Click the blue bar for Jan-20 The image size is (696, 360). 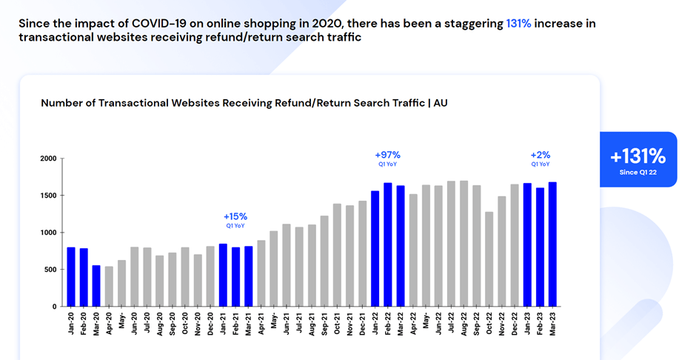pyautogui.click(x=71, y=276)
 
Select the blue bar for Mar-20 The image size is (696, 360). pyautogui.click(x=96, y=285)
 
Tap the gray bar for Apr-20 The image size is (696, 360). pyautogui.click(x=109, y=286)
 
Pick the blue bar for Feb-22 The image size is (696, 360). pyautogui.click(x=388, y=244)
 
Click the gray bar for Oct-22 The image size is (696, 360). pyautogui.click(x=489, y=259)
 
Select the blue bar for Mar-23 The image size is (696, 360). pyautogui.click(x=552, y=244)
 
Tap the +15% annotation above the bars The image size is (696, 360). pyautogui.click(x=235, y=217)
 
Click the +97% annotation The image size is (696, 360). pyautogui.click(x=387, y=156)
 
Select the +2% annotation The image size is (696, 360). pyautogui.click(x=540, y=156)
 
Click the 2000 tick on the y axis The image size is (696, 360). pyautogui.click(x=47, y=159)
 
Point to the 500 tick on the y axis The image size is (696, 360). pyautogui.click(x=50, y=270)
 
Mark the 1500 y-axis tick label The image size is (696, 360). pyautogui.click(x=47, y=196)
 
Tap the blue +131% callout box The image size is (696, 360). pyautogui.click(x=638, y=159)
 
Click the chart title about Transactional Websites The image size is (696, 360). pyautogui.click(x=244, y=103)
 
